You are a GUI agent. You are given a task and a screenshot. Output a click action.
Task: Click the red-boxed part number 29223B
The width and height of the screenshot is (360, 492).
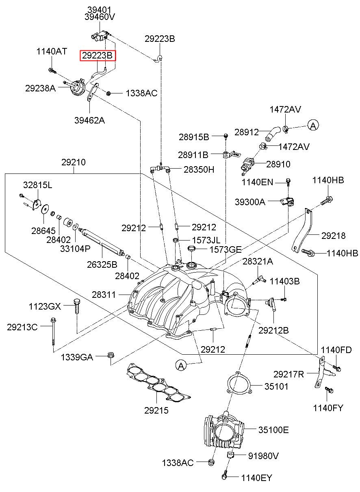(97, 56)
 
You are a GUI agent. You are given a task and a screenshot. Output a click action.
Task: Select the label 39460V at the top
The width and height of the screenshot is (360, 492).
(100, 17)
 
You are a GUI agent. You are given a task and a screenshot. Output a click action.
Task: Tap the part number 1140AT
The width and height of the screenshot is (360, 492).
(52, 52)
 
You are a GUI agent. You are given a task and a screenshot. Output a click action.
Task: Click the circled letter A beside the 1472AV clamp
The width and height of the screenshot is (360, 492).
(313, 126)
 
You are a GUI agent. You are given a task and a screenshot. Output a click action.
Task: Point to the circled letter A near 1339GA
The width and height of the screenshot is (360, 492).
(181, 366)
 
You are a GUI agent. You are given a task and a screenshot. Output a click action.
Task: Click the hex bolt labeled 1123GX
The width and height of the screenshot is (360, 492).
(76, 306)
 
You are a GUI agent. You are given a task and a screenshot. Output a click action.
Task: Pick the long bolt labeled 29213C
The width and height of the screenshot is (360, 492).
(53, 332)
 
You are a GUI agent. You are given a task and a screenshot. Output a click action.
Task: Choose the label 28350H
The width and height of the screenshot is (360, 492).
(199, 169)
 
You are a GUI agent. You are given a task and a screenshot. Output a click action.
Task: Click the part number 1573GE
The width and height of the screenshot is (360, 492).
(226, 249)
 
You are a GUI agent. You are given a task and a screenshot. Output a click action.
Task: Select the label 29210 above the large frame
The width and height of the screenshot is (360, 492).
(74, 162)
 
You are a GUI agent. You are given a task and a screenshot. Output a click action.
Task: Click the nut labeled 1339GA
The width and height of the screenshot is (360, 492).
(111, 355)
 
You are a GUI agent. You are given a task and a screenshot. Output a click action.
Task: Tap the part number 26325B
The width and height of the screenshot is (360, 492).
(102, 264)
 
